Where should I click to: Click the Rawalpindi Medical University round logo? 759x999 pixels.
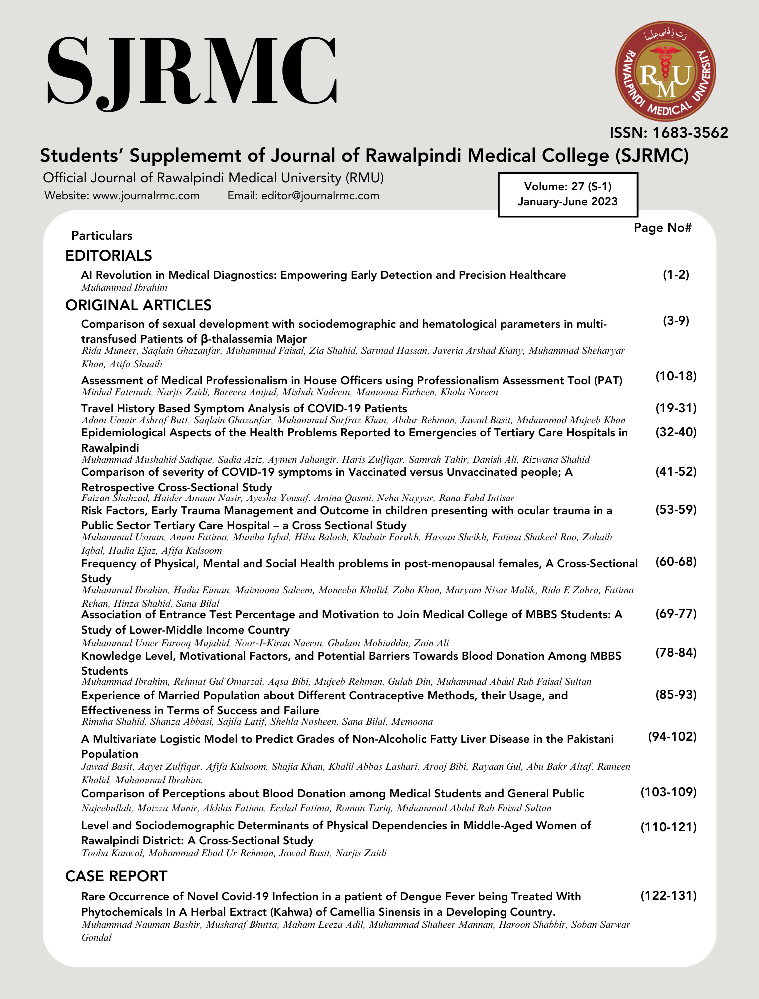(665, 71)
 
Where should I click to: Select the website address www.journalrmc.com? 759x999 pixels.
(146, 196)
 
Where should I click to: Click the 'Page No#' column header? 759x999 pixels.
(662, 228)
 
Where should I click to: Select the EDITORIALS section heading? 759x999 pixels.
(108, 256)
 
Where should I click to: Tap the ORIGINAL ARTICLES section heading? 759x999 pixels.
(138, 305)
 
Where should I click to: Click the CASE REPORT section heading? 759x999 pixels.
(116, 876)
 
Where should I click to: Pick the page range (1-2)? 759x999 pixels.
(676, 274)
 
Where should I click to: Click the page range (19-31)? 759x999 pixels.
(676, 408)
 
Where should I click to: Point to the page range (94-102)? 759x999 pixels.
(672, 737)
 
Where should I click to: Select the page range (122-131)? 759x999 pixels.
(668, 896)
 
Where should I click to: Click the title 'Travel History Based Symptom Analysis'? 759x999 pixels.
(244, 408)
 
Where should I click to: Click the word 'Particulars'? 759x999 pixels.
(102, 236)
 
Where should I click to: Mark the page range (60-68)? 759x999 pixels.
(676, 562)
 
